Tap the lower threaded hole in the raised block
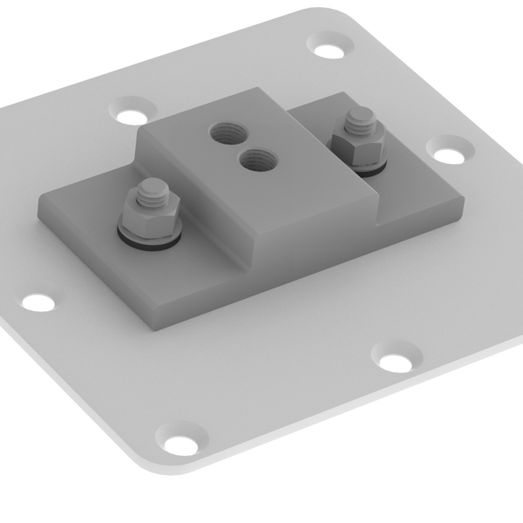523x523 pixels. tap(255, 159)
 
